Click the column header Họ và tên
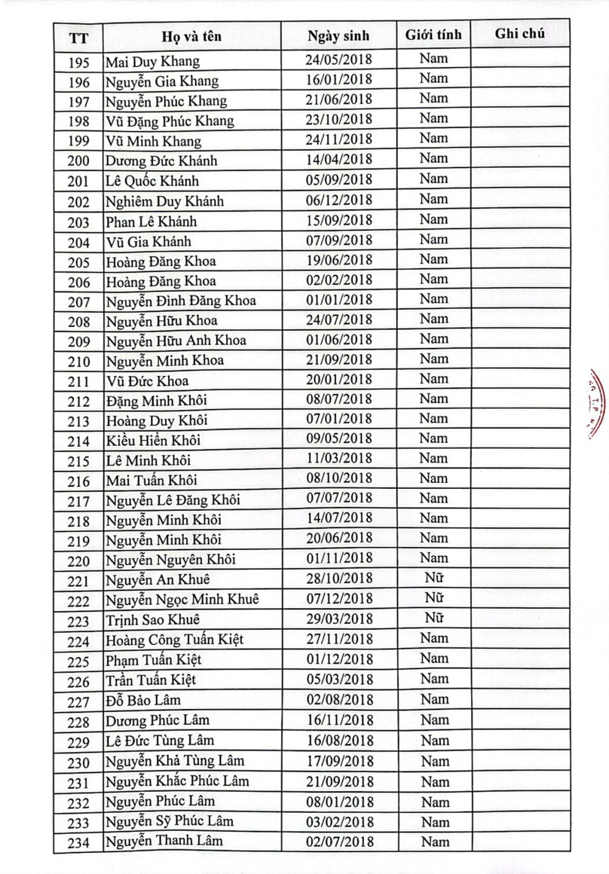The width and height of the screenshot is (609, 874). tap(191, 37)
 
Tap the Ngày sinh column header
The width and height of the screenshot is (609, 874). tap(339, 36)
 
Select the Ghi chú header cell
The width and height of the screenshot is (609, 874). tap(520, 34)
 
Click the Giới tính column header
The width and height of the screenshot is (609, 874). tap(434, 35)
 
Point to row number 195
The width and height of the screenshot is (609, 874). tap(79, 62)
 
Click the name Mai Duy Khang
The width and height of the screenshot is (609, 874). tap(153, 61)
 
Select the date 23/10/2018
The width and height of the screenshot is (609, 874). tap(339, 119)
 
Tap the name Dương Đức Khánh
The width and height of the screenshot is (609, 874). tap(161, 161)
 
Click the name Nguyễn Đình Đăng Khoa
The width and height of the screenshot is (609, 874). tap(181, 301)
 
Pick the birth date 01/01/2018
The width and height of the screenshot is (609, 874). tap(339, 299)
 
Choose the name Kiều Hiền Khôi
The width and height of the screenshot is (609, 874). tap(153, 440)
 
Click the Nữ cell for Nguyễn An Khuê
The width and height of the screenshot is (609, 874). tap(434, 577)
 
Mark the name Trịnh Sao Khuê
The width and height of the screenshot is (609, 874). tap(153, 619)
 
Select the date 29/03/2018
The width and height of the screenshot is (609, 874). tap(340, 619)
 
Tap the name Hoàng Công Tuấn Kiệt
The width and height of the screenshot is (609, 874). tap(174, 640)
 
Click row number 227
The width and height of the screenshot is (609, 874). tap(79, 702)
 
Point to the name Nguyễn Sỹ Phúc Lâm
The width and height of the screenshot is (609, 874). tap(170, 821)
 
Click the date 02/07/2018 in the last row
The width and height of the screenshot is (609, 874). tap(340, 841)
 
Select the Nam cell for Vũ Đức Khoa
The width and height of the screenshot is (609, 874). tap(434, 379)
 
